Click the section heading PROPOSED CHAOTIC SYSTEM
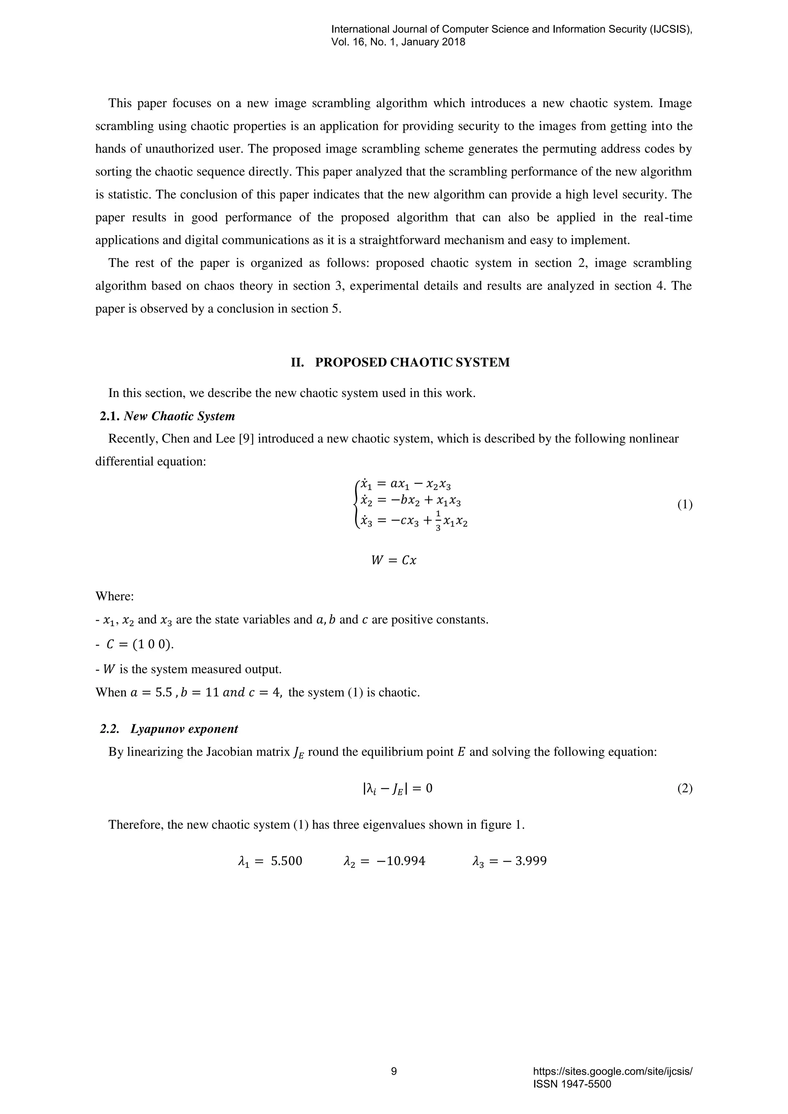[x=412, y=362]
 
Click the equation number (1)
[x=684, y=505]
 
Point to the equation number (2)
[x=684, y=789]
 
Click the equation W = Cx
[x=394, y=560]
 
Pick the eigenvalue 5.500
[x=286, y=861]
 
